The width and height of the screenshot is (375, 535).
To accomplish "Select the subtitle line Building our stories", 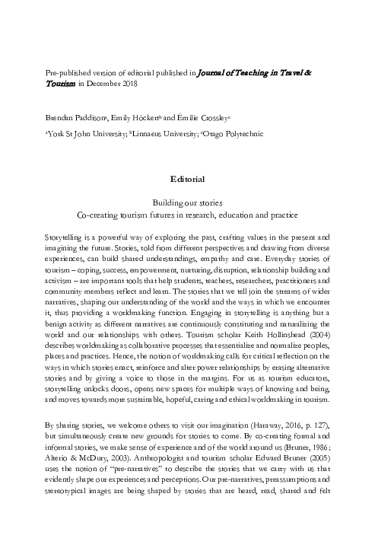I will click(187, 204).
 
